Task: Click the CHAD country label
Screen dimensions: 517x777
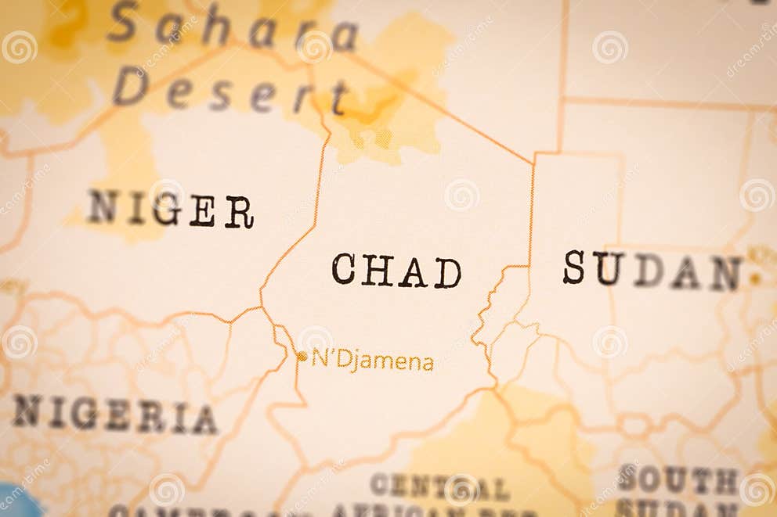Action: (x=396, y=271)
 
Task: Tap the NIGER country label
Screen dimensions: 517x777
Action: (x=170, y=209)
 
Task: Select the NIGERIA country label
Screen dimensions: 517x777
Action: (x=114, y=415)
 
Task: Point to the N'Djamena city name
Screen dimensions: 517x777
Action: (x=373, y=360)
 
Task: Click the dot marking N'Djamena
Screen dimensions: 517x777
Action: (x=302, y=357)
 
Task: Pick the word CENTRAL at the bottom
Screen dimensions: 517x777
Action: (x=439, y=486)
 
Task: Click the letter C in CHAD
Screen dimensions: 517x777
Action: (x=343, y=269)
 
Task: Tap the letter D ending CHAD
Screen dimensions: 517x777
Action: (x=448, y=273)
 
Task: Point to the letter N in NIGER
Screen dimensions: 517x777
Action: (x=102, y=206)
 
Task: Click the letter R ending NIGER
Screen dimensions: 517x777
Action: (x=239, y=212)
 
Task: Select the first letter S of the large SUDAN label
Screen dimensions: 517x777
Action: (x=573, y=267)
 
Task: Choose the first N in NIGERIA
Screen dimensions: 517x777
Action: (x=27, y=410)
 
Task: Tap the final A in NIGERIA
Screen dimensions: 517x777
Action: (x=204, y=420)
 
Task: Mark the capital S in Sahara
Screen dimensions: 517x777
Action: (x=123, y=21)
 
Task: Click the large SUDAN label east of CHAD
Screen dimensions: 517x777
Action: (x=652, y=270)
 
